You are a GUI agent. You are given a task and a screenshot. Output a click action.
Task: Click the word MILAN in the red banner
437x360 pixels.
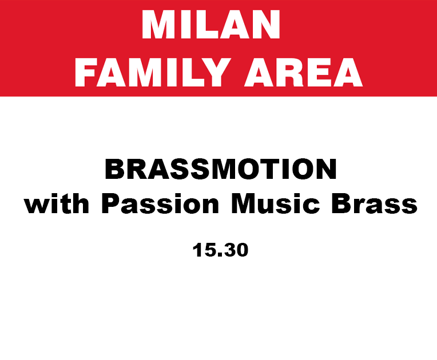[x=210, y=25]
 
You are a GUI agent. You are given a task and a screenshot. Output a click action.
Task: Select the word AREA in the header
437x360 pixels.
[x=304, y=73]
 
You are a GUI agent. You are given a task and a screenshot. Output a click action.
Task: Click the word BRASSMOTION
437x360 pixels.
[x=221, y=169]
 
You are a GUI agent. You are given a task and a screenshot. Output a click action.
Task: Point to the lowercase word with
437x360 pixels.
[x=57, y=203]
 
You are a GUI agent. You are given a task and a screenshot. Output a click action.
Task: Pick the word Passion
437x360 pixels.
[x=160, y=203]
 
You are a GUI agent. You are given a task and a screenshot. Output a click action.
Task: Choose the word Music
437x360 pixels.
[x=275, y=203]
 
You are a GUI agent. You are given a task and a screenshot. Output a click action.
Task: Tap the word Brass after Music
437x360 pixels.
[x=374, y=203]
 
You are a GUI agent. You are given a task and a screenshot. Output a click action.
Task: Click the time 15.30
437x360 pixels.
[x=220, y=250]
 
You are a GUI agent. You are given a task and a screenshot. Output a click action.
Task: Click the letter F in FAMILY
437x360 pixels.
[x=85, y=73]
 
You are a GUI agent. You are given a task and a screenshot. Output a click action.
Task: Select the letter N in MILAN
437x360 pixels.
[x=265, y=25]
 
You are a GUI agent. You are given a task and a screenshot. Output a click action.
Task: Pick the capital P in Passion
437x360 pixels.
[x=111, y=203]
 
